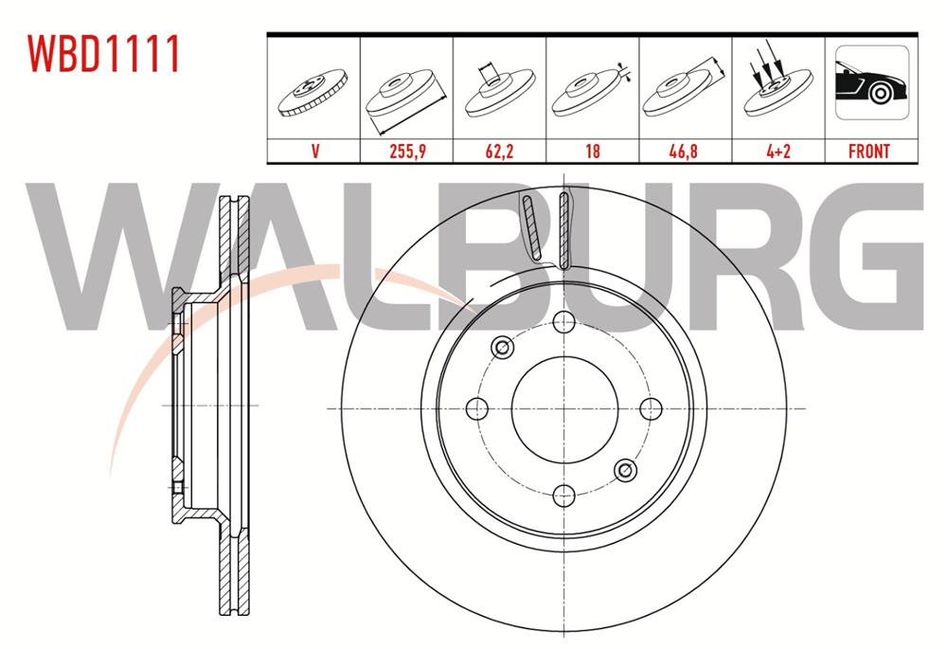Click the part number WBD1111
[104, 55]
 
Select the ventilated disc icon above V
[313, 93]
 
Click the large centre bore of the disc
[564, 408]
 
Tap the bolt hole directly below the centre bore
[564, 494]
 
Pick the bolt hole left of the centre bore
[478, 408]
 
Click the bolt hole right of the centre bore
[651, 408]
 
